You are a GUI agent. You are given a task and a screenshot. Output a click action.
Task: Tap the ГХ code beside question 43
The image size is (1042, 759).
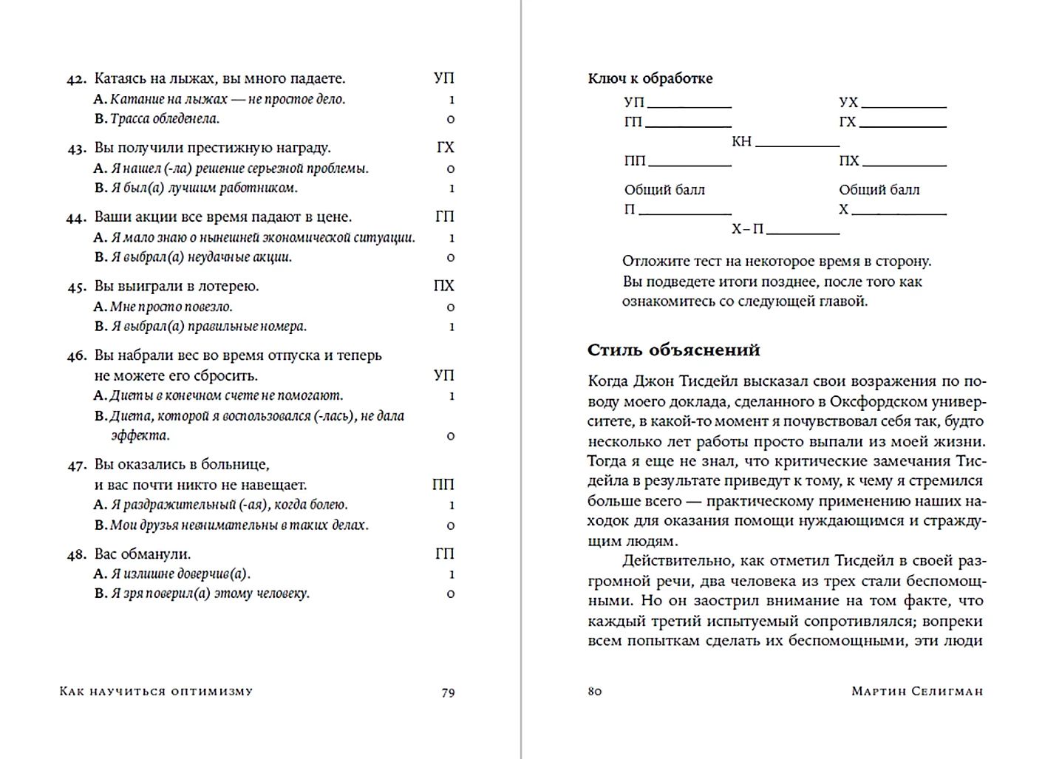click(445, 148)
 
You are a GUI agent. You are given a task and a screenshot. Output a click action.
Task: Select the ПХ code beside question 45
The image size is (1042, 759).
click(443, 286)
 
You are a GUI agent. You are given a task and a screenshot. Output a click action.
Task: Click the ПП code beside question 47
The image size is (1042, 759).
click(443, 485)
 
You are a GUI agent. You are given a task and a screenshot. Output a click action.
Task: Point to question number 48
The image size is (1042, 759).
click(77, 555)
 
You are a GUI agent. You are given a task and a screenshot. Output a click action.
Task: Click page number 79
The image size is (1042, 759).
click(448, 692)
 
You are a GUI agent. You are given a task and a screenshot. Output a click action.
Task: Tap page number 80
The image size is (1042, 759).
click(595, 692)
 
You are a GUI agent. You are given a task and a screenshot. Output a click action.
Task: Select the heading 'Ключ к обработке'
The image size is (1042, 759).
click(650, 78)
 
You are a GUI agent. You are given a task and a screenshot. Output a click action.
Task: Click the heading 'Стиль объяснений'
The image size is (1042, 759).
click(673, 350)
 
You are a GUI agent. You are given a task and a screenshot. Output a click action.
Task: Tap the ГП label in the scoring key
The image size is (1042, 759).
click(633, 122)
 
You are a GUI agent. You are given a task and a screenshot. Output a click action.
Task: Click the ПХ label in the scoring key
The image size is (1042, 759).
click(849, 161)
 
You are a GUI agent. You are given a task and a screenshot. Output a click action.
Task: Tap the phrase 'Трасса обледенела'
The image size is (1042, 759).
click(164, 119)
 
